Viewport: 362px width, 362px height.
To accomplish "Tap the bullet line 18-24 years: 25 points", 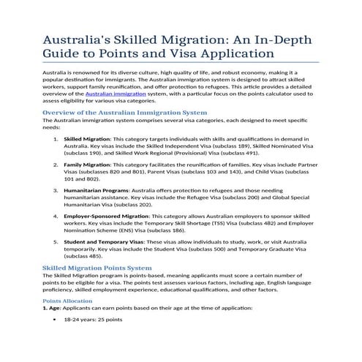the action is (93, 320).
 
